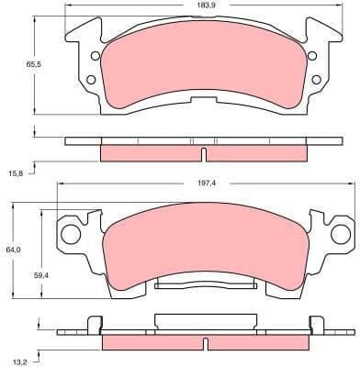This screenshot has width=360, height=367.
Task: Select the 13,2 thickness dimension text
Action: tap(16, 361)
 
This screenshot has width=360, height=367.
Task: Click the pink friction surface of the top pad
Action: tap(202, 69)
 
